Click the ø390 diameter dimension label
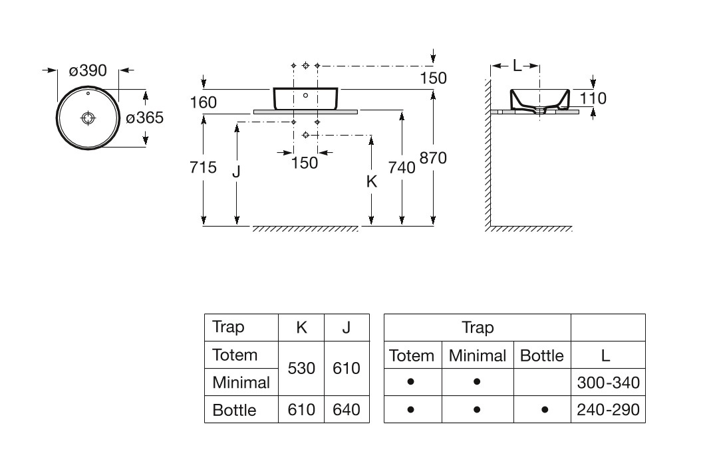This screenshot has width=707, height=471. pos(88,70)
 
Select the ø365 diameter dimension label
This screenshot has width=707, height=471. pos(145,118)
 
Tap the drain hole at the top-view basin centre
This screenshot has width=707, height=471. pos(88,118)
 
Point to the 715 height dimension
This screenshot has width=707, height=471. pos(203,167)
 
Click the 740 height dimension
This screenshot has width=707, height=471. pos(402,168)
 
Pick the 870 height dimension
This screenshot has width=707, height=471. pos(433,158)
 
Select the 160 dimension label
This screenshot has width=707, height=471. pos(204,103)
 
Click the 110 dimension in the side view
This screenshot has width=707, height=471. pos(593,98)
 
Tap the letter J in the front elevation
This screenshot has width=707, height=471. pos(236,171)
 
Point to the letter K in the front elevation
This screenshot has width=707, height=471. pos(372,181)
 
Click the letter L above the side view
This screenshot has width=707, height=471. pos(517,66)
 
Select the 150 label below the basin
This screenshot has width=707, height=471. pos(305,163)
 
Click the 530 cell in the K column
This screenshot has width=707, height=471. pos(301,368)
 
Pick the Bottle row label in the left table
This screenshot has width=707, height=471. pos(234,410)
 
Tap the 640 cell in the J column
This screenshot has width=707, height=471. pos(347,410)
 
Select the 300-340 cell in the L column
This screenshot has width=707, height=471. pos(609,383)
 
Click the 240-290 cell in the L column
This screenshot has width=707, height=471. pos(609,410)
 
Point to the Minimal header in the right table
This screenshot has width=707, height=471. pos(478,355)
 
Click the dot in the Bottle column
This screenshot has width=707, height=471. pos(545,410)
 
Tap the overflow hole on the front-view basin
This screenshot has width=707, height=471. pos(306,96)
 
